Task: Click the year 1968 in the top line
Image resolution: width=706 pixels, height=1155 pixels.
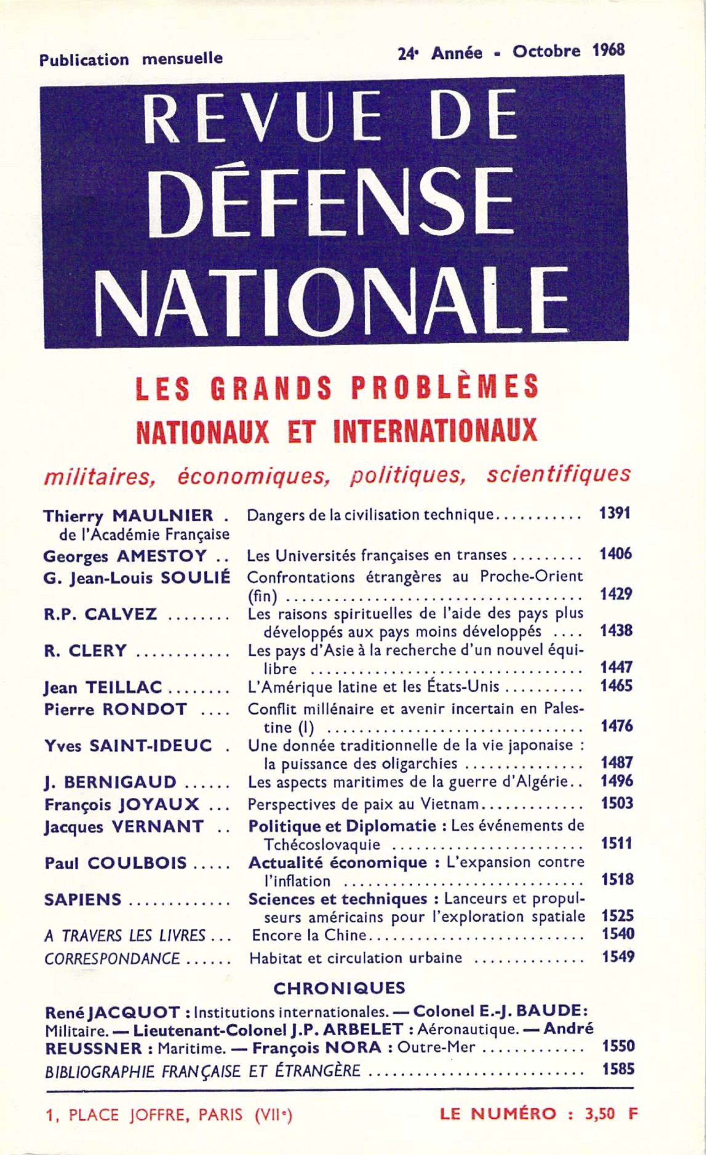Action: [608, 50]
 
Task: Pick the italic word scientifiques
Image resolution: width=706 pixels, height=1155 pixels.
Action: [558, 475]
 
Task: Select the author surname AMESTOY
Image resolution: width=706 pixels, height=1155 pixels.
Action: [162, 557]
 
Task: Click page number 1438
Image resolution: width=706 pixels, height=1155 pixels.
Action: [617, 630]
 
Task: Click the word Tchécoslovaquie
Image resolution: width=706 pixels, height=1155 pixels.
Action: [322, 845]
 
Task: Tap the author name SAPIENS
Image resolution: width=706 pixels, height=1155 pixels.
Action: [83, 900]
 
